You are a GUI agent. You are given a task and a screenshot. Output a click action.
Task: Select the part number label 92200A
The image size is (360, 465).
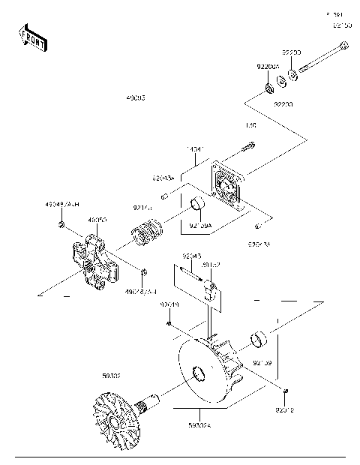tap(268, 67)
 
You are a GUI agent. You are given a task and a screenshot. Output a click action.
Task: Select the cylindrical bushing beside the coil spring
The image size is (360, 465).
tap(197, 205)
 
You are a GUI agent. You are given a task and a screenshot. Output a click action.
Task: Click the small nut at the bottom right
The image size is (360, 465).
tap(286, 391)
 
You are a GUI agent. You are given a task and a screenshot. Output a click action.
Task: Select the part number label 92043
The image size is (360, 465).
tap(191, 256)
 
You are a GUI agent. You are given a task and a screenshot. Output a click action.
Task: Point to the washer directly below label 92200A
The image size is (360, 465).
tap(268, 91)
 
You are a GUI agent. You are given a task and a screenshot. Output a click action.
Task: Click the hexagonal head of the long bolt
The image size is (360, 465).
tap(343, 46)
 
